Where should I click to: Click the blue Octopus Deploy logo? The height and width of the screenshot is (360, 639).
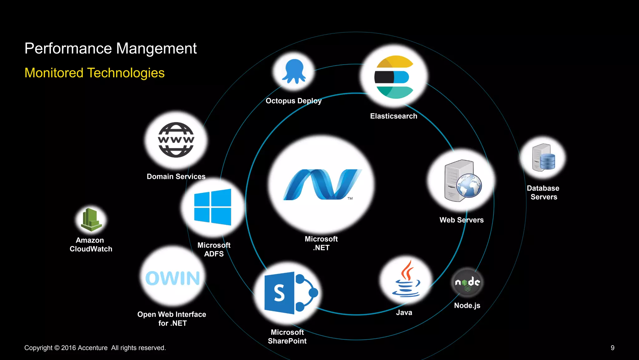click(294, 71)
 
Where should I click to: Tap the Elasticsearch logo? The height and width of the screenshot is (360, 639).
click(394, 77)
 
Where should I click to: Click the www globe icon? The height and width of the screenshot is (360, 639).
click(176, 140)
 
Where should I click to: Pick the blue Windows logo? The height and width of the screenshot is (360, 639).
click(212, 207)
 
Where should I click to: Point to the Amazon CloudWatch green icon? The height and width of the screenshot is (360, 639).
click(91, 220)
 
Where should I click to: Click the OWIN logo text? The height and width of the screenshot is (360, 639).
click(173, 278)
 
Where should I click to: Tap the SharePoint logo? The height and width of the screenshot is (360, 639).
click(290, 293)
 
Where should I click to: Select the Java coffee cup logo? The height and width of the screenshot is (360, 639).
click(406, 279)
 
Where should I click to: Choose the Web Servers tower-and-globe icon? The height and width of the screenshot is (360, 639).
click(462, 181)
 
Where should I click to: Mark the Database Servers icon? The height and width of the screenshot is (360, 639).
click(543, 158)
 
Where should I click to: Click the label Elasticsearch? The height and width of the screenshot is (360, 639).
click(393, 116)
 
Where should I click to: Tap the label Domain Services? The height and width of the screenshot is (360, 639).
click(176, 176)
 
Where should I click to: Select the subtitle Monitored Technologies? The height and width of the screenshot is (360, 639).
click(94, 73)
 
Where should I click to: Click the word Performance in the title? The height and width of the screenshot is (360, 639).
click(68, 48)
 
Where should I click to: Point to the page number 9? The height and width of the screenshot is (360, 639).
click(612, 348)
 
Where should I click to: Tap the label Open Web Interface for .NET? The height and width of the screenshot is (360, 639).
click(172, 318)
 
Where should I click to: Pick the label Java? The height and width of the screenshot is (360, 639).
click(404, 313)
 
